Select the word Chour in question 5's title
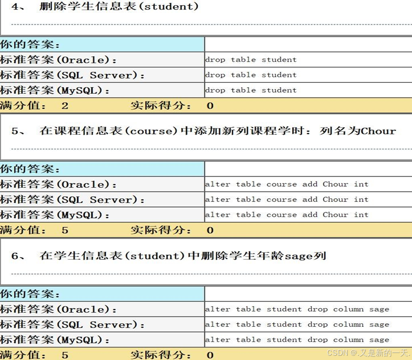[378, 131]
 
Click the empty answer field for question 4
[308, 45]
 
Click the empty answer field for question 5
[308, 169]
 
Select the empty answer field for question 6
[308, 294]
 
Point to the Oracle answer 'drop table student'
[251, 60]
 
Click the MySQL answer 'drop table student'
[251, 90]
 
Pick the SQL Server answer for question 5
[287, 200]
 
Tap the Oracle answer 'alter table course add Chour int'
[287, 184]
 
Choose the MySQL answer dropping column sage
[297, 340]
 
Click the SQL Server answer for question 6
[297, 325]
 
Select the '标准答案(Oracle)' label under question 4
[58, 60]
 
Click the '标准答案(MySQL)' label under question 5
[55, 215]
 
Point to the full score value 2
[65, 106]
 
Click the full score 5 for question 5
[65, 230]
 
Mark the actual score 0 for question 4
[210, 106]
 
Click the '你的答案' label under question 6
[30, 294]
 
